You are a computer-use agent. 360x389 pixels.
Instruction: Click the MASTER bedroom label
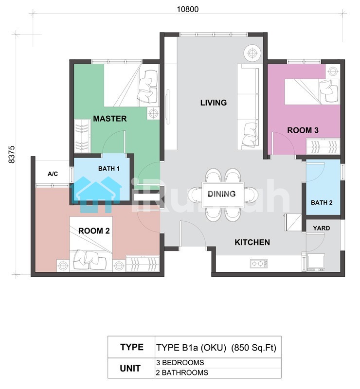click(x=110, y=119)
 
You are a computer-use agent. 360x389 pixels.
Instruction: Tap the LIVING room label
click(x=214, y=103)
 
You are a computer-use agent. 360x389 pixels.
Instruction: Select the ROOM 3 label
click(x=303, y=130)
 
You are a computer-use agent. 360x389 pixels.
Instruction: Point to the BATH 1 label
click(x=109, y=169)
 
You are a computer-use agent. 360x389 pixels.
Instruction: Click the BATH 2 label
click(x=322, y=203)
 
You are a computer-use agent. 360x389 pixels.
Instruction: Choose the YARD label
click(x=321, y=228)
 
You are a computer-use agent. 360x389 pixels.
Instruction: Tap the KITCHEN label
click(x=252, y=242)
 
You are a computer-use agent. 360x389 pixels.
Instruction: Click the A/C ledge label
click(x=53, y=174)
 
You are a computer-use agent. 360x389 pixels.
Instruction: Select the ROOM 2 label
click(x=94, y=231)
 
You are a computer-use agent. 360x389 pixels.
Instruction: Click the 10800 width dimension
click(x=187, y=9)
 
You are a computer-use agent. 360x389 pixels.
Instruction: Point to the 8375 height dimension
click(x=12, y=154)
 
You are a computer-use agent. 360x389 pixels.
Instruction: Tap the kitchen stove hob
click(x=259, y=264)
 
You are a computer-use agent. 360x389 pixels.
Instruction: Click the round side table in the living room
click(x=252, y=53)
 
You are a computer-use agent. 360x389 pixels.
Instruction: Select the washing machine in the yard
click(x=316, y=262)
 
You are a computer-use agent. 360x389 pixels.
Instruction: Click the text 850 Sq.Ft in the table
click(x=253, y=348)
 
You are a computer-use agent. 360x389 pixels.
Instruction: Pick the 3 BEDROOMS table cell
click(x=180, y=362)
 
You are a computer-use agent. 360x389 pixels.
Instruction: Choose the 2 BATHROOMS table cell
click(x=182, y=372)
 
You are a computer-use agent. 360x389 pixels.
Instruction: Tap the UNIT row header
click(x=130, y=369)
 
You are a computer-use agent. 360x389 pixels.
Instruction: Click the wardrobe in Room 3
click(x=323, y=147)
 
